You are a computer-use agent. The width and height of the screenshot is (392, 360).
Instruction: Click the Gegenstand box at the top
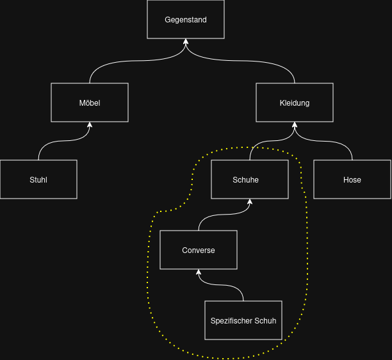tap(186, 19)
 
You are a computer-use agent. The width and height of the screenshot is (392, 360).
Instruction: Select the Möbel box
tap(90, 102)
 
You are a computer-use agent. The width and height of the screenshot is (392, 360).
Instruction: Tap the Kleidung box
tap(295, 102)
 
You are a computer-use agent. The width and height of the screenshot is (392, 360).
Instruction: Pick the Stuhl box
tap(38, 179)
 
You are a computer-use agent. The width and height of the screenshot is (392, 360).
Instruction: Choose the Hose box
tap(352, 179)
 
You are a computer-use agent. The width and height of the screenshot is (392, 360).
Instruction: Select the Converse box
tap(199, 250)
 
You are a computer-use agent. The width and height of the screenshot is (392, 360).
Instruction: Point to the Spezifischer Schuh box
tap(243, 320)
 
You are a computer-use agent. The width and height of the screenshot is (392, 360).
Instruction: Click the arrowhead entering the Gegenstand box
tap(186, 42)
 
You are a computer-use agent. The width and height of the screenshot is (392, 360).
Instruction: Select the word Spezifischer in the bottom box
tap(231, 320)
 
